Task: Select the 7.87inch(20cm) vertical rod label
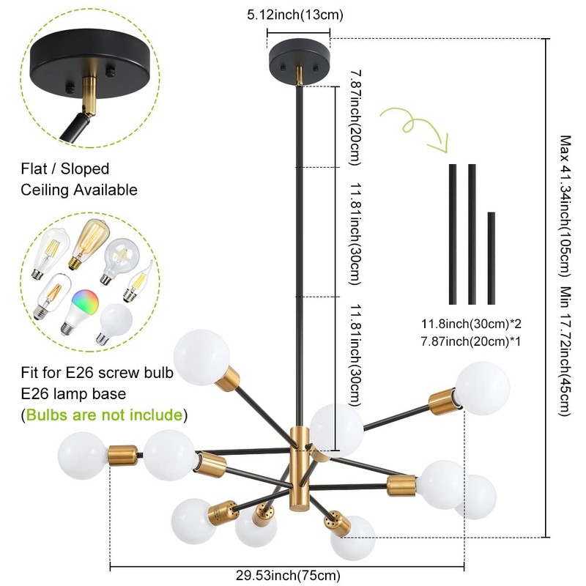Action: click(x=355, y=117)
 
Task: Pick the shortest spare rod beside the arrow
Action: click(x=491, y=258)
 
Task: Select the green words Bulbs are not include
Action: click(x=104, y=415)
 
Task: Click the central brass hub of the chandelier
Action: click(x=299, y=461)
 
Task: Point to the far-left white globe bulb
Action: click(x=81, y=455)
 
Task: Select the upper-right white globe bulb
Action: click(x=482, y=387)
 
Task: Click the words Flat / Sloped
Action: click(x=64, y=169)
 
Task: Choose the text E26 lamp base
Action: click(x=73, y=394)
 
